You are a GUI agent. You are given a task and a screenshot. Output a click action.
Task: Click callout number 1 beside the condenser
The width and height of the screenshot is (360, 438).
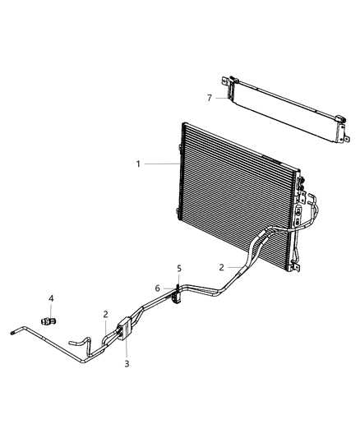coord(138,164)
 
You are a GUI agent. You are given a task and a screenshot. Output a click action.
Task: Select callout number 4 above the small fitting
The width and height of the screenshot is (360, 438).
coord(50,298)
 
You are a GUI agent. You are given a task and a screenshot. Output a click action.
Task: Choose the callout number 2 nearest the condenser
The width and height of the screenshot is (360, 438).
coord(221,267)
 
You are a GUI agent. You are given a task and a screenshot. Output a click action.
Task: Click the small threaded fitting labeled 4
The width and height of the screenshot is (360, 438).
coord(51,316)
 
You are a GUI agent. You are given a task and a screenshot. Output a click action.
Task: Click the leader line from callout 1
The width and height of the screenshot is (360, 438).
coord(160,164)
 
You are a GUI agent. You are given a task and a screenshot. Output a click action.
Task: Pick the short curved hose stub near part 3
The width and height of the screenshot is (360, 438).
coord(80,338)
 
